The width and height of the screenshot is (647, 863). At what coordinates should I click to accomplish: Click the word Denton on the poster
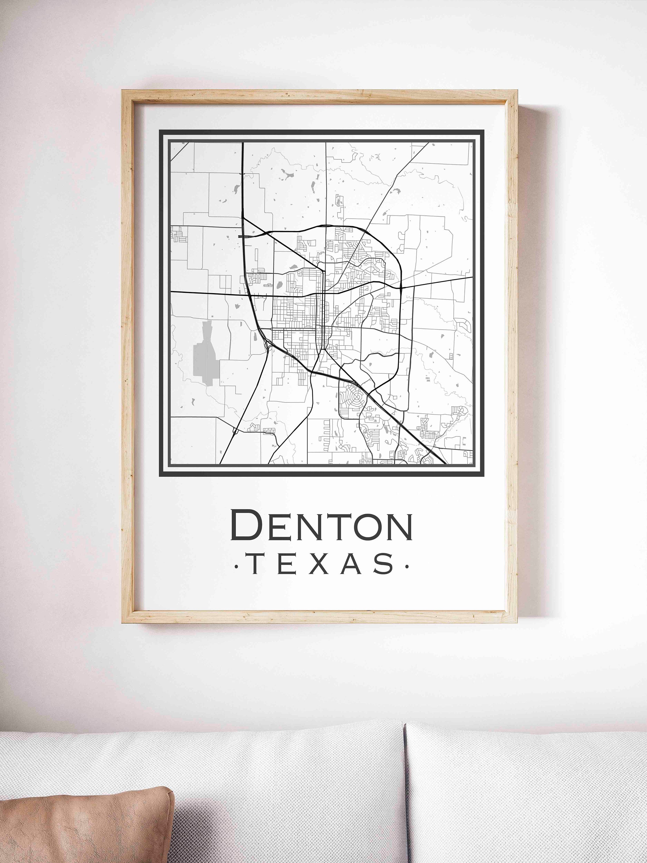pos(322,525)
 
